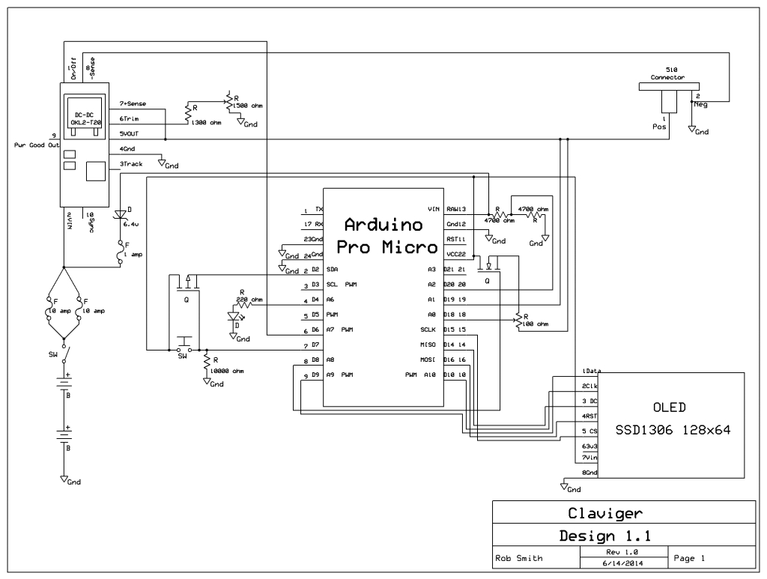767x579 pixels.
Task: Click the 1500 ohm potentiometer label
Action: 248,106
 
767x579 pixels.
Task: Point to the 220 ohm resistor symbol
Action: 243,305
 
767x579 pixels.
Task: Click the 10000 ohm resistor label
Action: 228,370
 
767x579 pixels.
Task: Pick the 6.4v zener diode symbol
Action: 120,215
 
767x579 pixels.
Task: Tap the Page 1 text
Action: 690,558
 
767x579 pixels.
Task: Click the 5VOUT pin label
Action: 129,134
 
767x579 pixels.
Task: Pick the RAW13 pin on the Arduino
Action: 456,210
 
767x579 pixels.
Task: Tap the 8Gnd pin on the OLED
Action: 588,473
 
